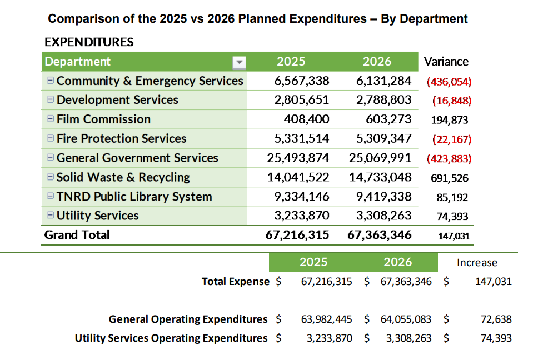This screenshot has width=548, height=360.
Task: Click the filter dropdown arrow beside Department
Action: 238,62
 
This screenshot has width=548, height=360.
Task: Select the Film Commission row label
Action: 103,119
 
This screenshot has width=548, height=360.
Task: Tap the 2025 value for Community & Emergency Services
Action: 302,81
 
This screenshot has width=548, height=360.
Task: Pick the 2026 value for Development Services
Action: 383,100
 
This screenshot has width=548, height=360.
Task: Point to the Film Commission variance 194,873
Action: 450,120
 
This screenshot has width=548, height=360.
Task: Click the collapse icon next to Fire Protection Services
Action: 50,138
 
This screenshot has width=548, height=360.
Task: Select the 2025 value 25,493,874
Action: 298,158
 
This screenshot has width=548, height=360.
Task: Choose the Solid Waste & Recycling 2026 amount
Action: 380,177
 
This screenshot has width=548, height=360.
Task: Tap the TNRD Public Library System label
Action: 134,197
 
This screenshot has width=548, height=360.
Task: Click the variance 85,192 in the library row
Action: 452,197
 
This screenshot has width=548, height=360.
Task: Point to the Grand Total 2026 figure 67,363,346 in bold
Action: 380,235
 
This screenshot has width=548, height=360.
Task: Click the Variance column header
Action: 446,62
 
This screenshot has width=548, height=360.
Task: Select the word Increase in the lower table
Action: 477,263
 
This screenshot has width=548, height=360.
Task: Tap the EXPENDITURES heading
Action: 89,42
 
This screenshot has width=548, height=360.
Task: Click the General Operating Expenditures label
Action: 188,319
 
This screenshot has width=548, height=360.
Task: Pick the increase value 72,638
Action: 496,319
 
